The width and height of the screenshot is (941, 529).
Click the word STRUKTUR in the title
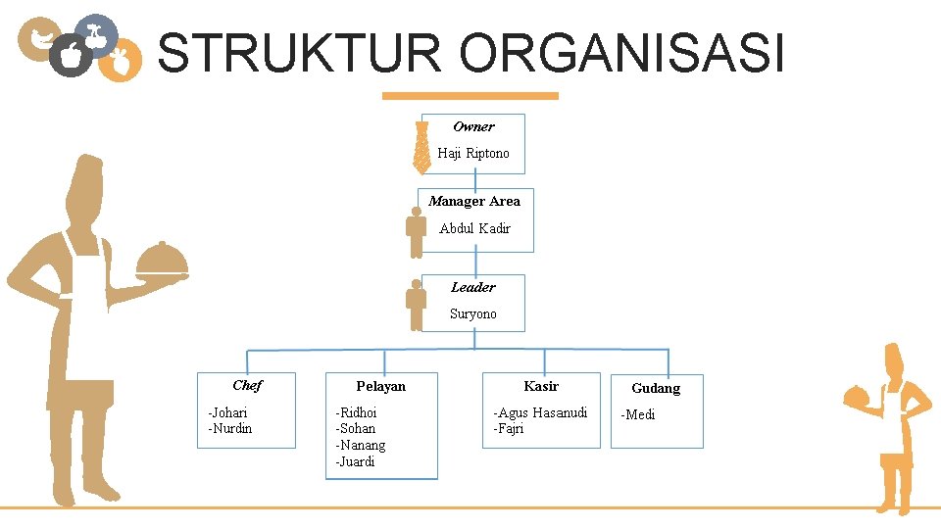click(x=300, y=53)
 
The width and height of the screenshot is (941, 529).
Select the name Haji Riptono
click(x=473, y=154)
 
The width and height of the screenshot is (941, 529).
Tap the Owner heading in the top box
click(x=473, y=126)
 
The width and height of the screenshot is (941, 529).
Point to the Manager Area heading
click(x=474, y=201)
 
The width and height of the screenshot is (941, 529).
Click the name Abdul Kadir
click(x=474, y=228)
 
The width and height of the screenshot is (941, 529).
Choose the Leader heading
click(x=473, y=287)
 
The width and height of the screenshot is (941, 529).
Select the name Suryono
click(x=473, y=314)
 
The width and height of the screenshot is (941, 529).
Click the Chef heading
click(x=247, y=385)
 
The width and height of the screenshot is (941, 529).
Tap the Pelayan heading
click(x=380, y=386)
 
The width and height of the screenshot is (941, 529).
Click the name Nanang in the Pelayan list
click(x=362, y=446)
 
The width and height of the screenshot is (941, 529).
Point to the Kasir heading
click(x=541, y=386)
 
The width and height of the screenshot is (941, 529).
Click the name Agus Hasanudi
click(x=543, y=413)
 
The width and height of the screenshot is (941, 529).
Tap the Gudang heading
click(x=656, y=389)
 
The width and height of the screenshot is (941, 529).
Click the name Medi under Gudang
click(x=639, y=415)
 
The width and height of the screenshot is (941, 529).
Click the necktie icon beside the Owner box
click(x=421, y=147)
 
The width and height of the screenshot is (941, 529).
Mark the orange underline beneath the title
click(x=470, y=96)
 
